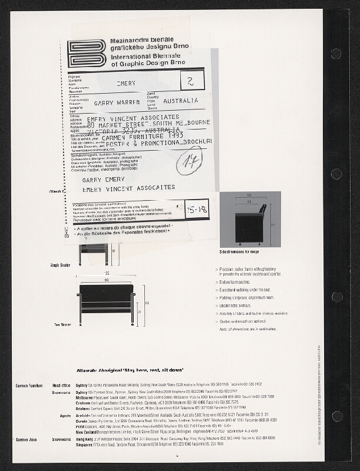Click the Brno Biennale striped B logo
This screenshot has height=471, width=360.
[x=87, y=54]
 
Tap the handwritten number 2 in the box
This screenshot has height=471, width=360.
[x=190, y=80]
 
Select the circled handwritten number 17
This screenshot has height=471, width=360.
[x=189, y=160]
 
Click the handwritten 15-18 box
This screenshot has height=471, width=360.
[x=196, y=209]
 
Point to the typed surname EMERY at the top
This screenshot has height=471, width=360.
[x=126, y=84]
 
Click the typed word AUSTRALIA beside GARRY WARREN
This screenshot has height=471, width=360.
[x=181, y=101]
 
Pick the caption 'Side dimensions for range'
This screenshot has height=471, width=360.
[x=239, y=251]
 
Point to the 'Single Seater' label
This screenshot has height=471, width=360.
[x=61, y=266]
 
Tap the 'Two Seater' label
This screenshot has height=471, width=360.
[x=62, y=324]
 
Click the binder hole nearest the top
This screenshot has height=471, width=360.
[x=336, y=54]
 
